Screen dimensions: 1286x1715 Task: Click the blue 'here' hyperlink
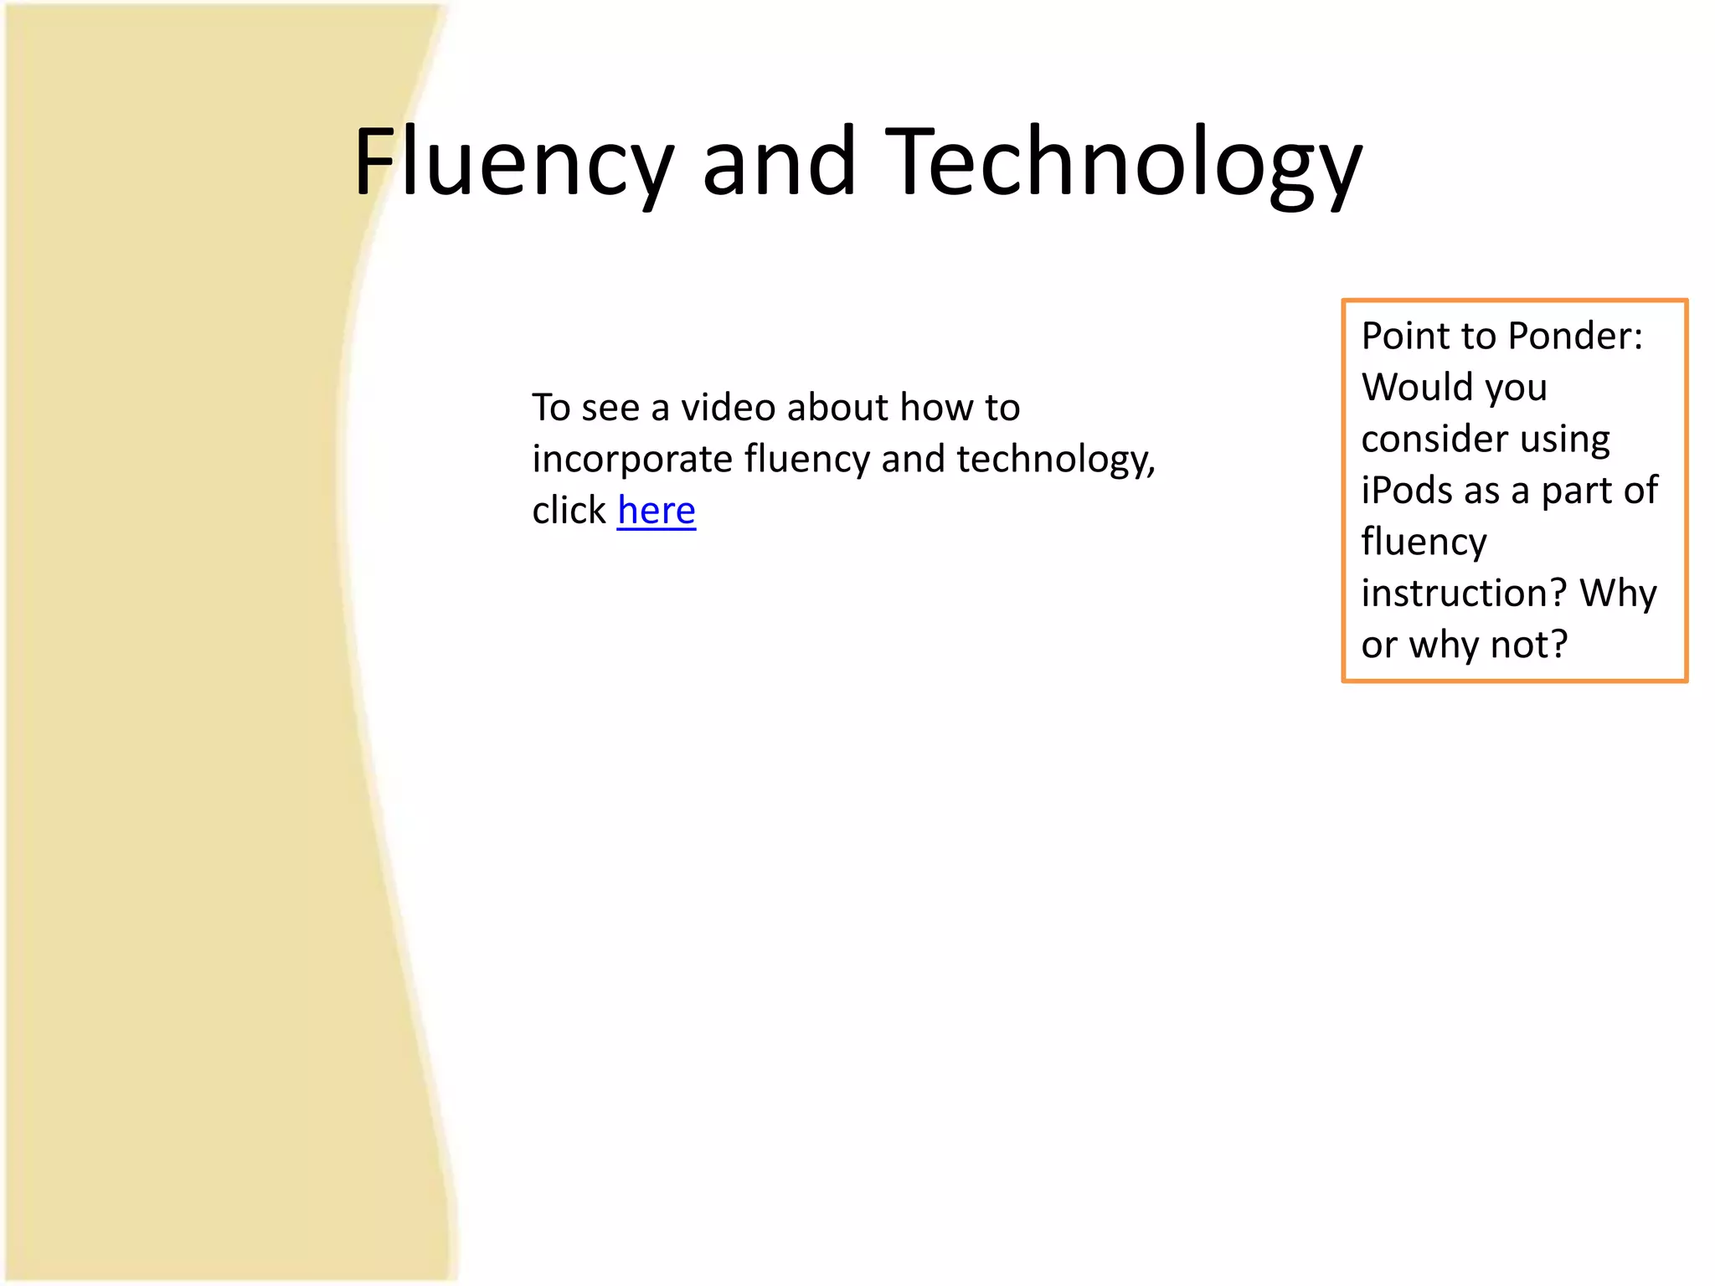pos(657,511)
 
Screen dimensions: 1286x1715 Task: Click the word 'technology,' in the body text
pos(1055,460)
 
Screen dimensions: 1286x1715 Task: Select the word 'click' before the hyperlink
pos(569,510)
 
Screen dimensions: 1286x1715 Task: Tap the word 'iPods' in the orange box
pos(1407,491)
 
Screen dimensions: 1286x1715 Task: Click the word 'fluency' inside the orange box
pos(1424,543)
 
